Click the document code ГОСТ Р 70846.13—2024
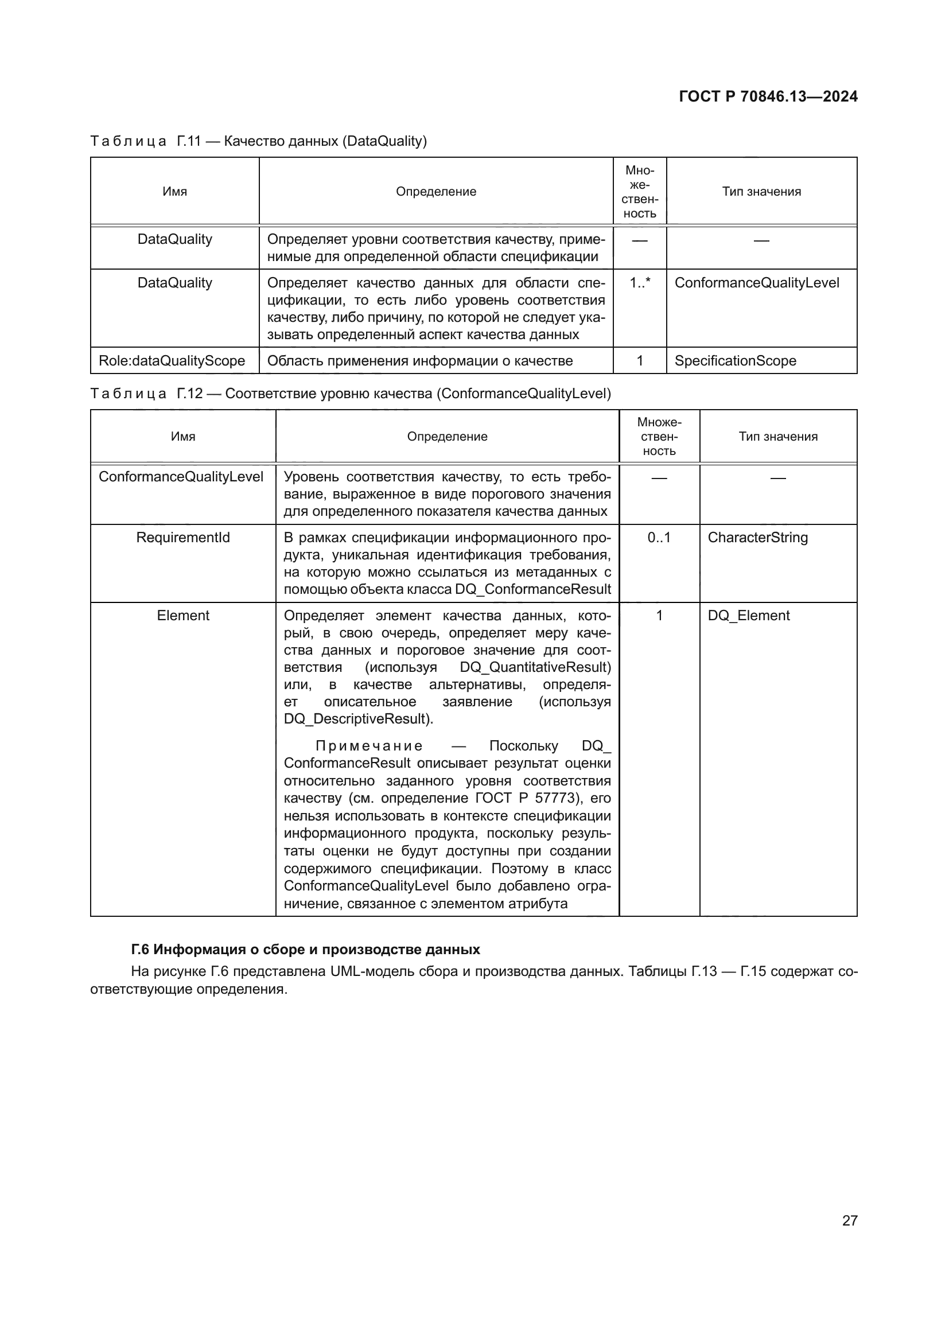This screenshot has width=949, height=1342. tap(768, 96)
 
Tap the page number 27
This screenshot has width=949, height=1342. tap(850, 1220)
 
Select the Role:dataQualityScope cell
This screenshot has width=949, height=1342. tap(172, 361)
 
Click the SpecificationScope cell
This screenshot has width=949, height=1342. tap(735, 361)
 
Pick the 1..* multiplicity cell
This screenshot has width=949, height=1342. tap(639, 283)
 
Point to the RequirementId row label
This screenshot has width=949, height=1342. tap(183, 538)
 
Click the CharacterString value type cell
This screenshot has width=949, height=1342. tap(757, 538)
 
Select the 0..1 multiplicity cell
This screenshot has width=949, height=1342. tap(659, 538)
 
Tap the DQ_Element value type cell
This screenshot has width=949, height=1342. tap(748, 616)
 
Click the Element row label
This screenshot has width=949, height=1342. tap(183, 616)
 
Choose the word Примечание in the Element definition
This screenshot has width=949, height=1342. tap(369, 746)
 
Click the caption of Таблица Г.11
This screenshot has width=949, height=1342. tap(258, 142)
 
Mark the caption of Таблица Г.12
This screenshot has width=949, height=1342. tap(350, 394)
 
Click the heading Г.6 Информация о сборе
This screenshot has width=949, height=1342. tap(305, 950)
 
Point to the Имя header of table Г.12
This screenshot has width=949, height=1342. tap(183, 437)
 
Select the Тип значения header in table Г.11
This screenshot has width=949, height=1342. tap(761, 192)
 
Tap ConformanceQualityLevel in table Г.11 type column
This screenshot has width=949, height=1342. tap(756, 283)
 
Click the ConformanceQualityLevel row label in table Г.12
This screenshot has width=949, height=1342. tap(181, 477)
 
